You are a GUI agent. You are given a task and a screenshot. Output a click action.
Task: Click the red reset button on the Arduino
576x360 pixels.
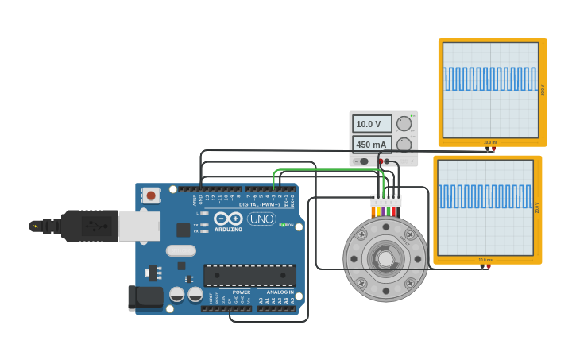[x=150, y=195]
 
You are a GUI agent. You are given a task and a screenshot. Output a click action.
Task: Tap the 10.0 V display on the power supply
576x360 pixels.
[x=372, y=124]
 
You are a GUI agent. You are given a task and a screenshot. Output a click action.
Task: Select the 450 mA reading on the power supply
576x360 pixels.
[x=372, y=145]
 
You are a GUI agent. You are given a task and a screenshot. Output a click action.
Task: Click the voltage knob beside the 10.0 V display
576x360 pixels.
[x=404, y=123]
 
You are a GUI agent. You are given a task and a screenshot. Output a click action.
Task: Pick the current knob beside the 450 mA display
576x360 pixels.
[x=404, y=145]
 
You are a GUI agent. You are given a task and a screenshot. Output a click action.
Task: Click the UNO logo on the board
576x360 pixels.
[x=261, y=219]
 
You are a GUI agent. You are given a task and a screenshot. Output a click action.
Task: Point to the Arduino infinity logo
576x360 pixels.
[x=228, y=219]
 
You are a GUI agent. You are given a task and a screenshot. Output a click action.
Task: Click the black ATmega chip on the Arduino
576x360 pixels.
[x=249, y=276]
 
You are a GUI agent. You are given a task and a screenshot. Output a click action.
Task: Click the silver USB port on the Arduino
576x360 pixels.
[x=139, y=226]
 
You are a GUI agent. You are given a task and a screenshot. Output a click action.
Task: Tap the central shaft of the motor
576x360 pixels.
[x=385, y=259]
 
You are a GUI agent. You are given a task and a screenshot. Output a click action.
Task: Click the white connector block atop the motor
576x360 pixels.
[x=386, y=200]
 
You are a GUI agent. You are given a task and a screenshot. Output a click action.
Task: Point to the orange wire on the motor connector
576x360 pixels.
[x=373, y=211]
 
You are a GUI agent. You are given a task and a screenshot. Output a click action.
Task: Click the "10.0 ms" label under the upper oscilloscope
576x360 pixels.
[x=490, y=142]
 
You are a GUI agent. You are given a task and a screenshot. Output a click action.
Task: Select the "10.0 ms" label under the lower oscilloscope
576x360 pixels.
[x=485, y=260]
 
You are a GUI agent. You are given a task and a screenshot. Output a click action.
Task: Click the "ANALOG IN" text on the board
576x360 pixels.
[x=280, y=292]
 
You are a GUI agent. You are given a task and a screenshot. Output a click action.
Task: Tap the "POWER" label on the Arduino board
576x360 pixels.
[x=242, y=292]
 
